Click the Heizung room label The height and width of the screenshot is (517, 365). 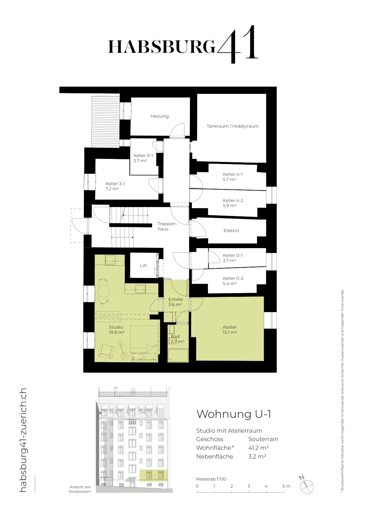pyautogui.click(x=160, y=116)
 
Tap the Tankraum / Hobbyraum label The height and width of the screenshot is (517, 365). pyautogui.click(x=232, y=126)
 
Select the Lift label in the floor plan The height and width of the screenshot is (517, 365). pyautogui.click(x=143, y=266)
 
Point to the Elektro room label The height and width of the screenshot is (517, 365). pyautogui.click(x=231, y=231)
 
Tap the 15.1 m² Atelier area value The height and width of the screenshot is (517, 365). pyautogui.click(x=230, y=332)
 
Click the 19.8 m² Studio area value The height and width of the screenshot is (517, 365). pyautogui.click(x=117, y=332)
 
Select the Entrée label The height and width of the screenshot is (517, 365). pyautogui.click(x=175, y=299)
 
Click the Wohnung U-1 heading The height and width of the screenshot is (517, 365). pyautogui.click(x=234, y=414)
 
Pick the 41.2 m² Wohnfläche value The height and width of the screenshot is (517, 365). pyautogui.click(x=258, y=448)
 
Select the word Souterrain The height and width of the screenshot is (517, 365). pyautogui.click(x=263, y=439)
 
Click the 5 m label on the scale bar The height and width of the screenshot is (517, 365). pyautogui.click(x=286, y=486)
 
